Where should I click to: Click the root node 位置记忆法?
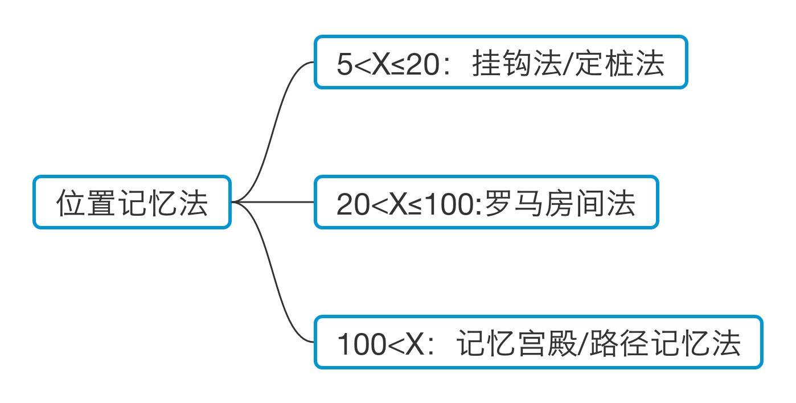click(x=132, y=203)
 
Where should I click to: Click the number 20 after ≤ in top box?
click(x=423, y=64)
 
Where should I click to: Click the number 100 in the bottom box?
click(x=361, y=344)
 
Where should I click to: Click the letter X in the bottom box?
click(x=415, y=344)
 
